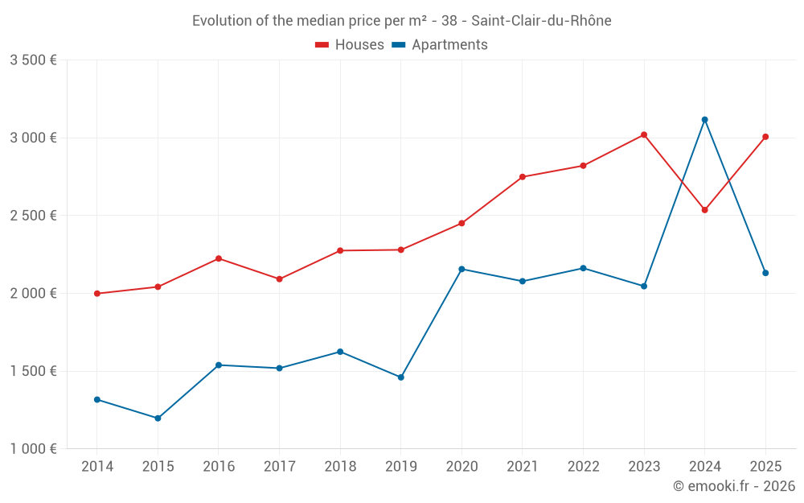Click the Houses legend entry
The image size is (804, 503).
click(350, 45)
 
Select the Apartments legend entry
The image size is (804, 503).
click(440, 45)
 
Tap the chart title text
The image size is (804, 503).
click(401, 21)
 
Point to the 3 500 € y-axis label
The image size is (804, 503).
click(33, 60)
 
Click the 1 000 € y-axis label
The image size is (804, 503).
click(33, 449)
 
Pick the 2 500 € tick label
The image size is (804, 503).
click(33, 216)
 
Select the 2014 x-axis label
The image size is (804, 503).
click(97, 466)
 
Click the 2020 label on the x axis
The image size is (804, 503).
click(461, 466)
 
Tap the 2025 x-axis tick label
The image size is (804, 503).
click(765, 466)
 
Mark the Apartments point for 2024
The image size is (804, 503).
click(705, 120)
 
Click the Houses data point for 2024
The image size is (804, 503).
click(705, 210)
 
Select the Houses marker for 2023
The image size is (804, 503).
click(644, 134)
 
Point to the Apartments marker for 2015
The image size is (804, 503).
click(158, 418)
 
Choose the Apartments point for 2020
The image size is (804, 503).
click(461, 269)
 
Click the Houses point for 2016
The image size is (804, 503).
click(219, 258)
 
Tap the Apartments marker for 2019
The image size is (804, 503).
click(401, 377)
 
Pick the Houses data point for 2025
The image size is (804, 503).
click(765, 137)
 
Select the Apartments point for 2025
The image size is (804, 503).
click(765, 273)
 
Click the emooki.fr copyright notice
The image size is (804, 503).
click(733, 486)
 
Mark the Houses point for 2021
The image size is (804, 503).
click(523, 177)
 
